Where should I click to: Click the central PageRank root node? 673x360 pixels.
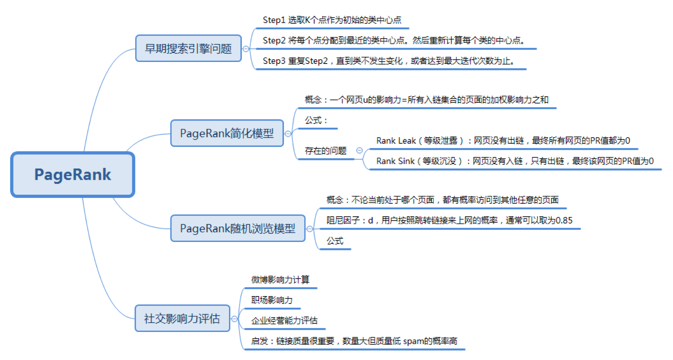point(73,174)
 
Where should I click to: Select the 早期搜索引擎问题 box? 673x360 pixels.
point(189,48)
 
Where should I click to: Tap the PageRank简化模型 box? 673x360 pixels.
point(227,133)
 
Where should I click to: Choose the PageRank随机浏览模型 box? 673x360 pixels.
point(238,228)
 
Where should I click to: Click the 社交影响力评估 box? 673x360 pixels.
point(182,318)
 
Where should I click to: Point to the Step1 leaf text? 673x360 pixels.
point(332,20)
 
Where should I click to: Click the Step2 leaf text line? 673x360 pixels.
point(394,40)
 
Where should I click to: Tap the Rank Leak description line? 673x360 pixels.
point(503,141)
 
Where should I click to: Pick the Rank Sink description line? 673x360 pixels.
point(515,161)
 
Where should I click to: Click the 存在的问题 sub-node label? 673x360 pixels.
point(326,151)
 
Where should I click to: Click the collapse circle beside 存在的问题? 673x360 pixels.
point(359,150)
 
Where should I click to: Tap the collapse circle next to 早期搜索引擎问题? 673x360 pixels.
point(246,49)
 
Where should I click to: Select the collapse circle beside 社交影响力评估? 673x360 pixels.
point(235,319)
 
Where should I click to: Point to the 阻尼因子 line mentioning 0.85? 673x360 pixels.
point(450,221)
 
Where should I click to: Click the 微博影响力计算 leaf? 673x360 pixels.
point(280,279)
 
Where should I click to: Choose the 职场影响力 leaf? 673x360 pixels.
point(272,300)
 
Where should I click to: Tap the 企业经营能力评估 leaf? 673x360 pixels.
point(284,320)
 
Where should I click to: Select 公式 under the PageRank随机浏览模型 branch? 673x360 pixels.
point(335,241)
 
